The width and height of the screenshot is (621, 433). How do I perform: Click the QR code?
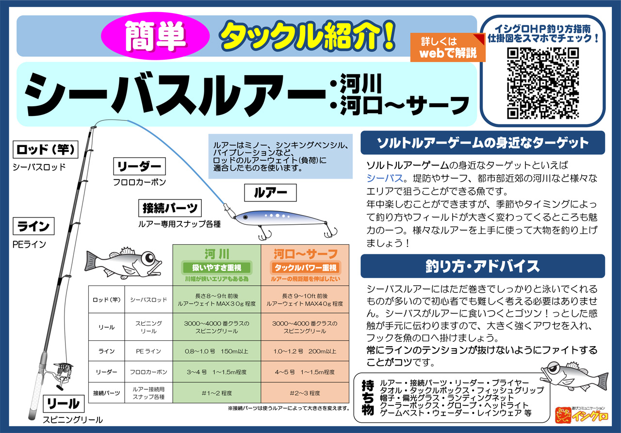click(x=543, y=83)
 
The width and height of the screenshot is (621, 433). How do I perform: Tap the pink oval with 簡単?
click(x=155, y=36)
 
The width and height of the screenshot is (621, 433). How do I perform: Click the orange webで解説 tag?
click(x=448, y=48)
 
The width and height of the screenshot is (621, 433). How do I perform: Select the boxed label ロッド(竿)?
click(x=46, y=150)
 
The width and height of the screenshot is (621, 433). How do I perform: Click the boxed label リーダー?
click(x=139, y=167)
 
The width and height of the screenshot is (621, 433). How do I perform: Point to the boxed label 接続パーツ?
click(x=170, y=208)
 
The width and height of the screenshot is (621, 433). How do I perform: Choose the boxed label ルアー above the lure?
click(x=270, y=193)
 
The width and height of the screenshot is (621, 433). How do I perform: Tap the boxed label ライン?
click(x=33, y=226)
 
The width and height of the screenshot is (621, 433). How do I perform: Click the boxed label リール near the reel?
click(x=64, y=403)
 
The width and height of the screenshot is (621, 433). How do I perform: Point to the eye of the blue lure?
click(x=245, y=217)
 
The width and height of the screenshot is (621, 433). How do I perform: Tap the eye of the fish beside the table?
click(x=149, y=258)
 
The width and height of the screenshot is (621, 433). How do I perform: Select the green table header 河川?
click(x=217, y=265)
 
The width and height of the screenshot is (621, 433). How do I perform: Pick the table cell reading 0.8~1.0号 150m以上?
click(x=217, y=351)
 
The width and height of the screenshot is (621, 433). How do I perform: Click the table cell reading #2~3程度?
click(x=305, y=393)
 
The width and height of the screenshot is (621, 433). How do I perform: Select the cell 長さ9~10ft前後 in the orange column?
click(x=305, y=300)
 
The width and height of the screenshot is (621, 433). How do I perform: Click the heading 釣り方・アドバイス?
click(x=483, y=266)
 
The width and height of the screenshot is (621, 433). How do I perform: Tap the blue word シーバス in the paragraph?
click(x=385, y=178)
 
